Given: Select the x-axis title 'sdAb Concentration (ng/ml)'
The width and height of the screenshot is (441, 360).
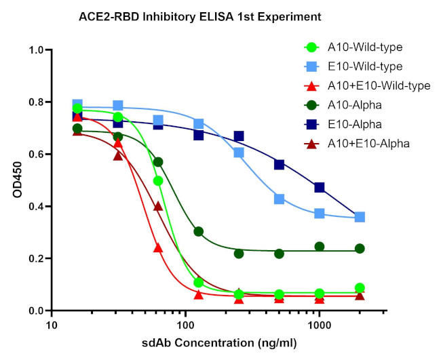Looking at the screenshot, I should point(218,342).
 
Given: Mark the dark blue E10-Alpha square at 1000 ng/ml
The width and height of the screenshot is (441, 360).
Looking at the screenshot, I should point(320,187).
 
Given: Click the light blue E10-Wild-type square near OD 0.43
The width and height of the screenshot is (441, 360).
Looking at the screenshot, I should point(279,199).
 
